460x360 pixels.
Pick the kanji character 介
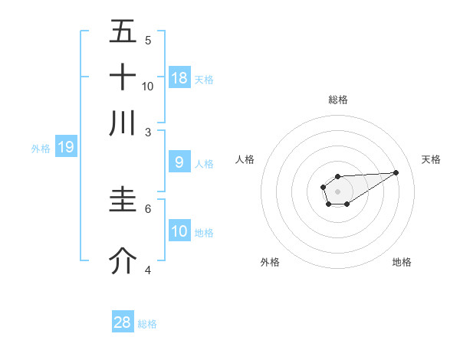click(x=123, y=261)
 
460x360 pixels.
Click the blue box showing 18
click(x=179, y=77)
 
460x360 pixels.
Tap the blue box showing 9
click(x=179, y=162)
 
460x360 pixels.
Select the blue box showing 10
click(x=179, y=231)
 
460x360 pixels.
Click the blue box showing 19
click(x=66, y=147)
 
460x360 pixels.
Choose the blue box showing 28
click(x=123, y=322)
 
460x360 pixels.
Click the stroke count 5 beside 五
click(x=148, y=41)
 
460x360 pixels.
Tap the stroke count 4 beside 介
click(x=148, y=270)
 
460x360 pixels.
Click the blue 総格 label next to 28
click(x=147, y=324)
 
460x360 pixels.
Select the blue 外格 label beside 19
click(x=41, y=149)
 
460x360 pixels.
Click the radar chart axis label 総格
click(x=338, y=100)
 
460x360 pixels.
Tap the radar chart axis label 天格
click(x=431, y=159)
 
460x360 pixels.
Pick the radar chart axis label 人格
click(x=245, y=159)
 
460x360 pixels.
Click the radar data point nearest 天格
click(x=396, y=172)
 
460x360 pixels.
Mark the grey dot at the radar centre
click(x=338, y=190)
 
